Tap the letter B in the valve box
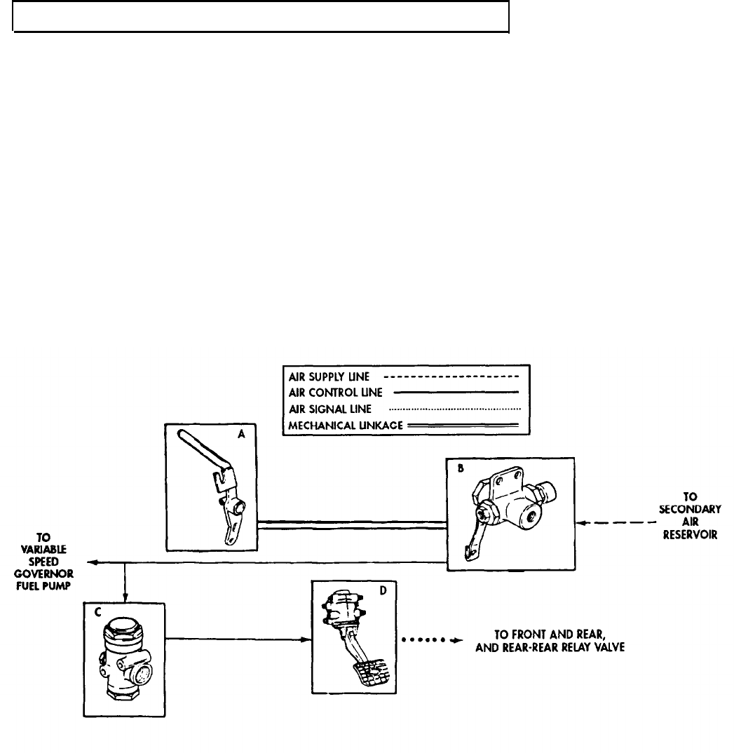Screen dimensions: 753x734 [459, 471]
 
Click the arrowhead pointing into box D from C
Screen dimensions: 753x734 [306, 639]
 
